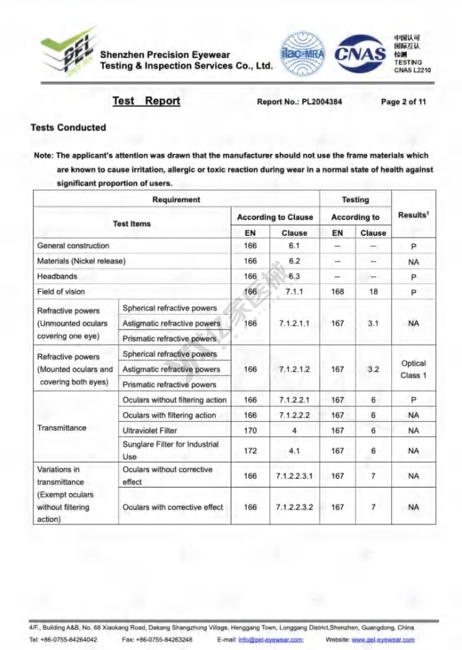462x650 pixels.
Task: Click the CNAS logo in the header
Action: click(x=360, y=54)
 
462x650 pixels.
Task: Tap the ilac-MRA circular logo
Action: click(x=303, y=54)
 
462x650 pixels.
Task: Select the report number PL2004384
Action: click(x=322, y=102)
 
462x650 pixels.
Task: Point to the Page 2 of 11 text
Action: click(x=403, y=102)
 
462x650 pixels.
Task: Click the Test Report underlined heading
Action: click(x=146, y=101)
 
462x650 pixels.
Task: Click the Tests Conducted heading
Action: click(x=68, y=127)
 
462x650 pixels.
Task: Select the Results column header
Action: click(x=413, y=215)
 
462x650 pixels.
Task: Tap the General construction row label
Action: click(x=73, y=246)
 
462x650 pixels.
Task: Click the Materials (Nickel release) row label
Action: click(x=81, y=261)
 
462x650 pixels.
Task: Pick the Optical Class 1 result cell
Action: click(x=413, y=369)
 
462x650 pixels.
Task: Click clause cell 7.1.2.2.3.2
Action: click(x=294, y=507)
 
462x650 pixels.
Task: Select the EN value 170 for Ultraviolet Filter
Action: click(x=250, y=430)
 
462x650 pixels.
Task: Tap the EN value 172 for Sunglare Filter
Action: click(x=250, y=451)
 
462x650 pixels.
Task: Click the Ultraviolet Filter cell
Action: click(x=150, y=430)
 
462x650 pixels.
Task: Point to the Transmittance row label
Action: click(x=62, y=427)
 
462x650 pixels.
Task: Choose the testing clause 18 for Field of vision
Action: click(x=373, y=291)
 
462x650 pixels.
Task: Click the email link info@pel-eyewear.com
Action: click(x=271, y=639)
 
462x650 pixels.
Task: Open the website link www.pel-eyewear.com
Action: click(x=383, y=639)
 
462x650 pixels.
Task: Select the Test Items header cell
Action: click(x=132, y=223)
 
